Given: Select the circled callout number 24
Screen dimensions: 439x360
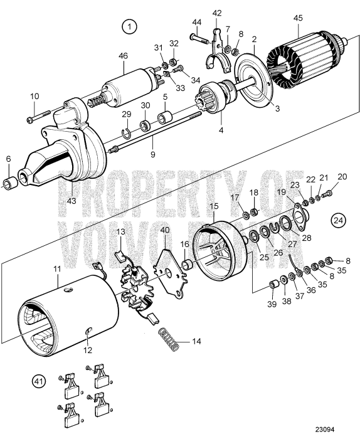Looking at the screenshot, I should click(338, 220).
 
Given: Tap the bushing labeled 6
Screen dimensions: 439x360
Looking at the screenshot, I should click(9, 184).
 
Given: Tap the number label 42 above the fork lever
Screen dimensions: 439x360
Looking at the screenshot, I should click(217, 13).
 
